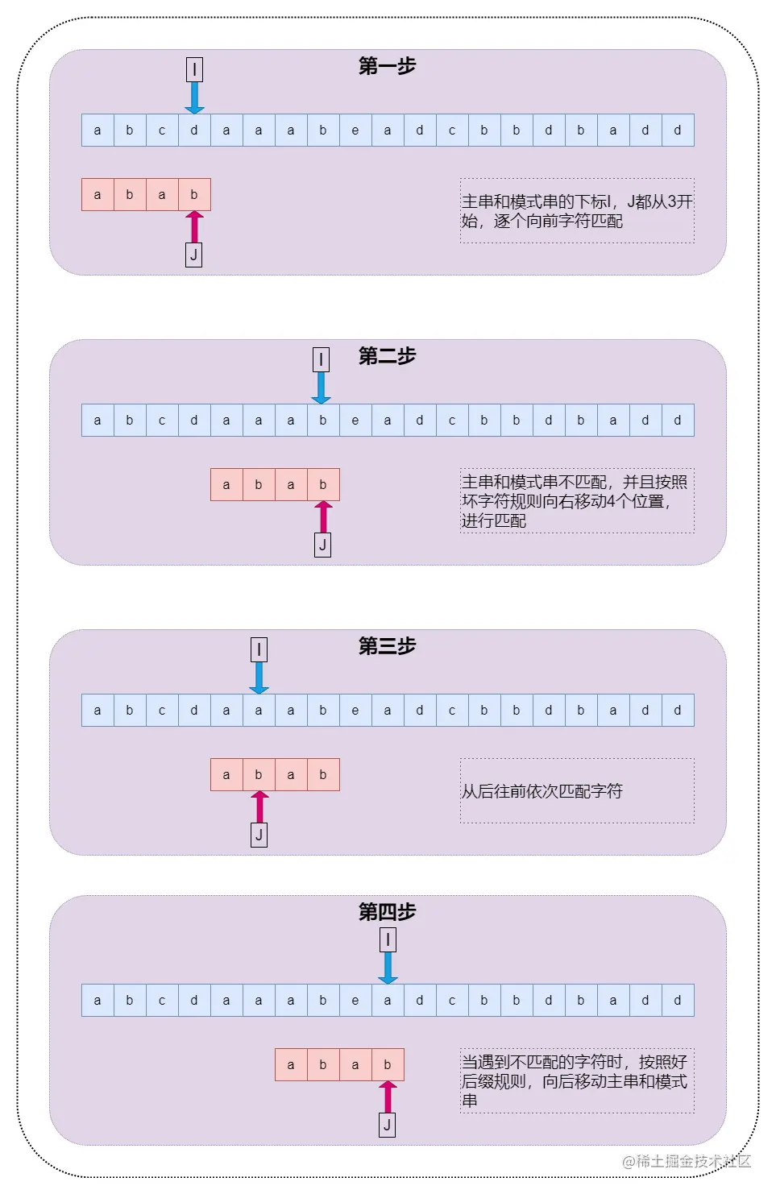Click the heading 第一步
pyautogui.click(x=387, y=66)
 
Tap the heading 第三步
pyautogui.click(x=387, y=646)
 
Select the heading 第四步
pyautogui.click(x=387, y=912)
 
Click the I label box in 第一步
pyautogui.click(x=194, y=69)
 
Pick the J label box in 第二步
pyautogui.click(x=322, y=545)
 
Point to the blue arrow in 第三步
pyautogui.click(x=259, y=678)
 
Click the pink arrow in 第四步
pyautogui.click(x=388, y=1097)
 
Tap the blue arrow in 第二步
pyautogui.click(x=322, y=388)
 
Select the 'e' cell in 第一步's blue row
pyautogui.click(x=355, y=131)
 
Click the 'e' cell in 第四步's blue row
pyautogui.click(x=355, y=1001)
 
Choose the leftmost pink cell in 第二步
pyautogui.click(x=226, y=485)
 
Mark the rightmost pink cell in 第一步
pyautogui.click(x=194, y=195)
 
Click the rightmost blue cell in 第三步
pyautogui.click(x=678, y=711)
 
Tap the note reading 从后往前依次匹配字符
pyautogui.click(x=542, y=791)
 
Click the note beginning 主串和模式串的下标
pyautogui.click(x=577, y=211)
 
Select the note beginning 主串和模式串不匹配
pyautogui.click(x=575, y=501)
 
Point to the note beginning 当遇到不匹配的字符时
pyautogui.click(x=575, y=1081)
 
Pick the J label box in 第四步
pyautogui.click(x=388, y=1126)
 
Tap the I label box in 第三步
pyautogui.click(x=259, y=649)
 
